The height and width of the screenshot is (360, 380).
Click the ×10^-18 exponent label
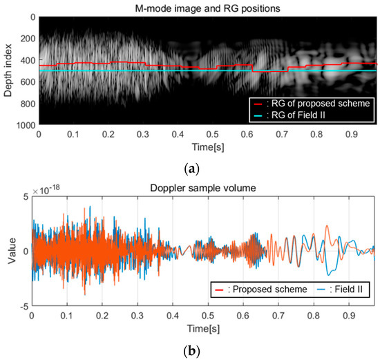point(46,187)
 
